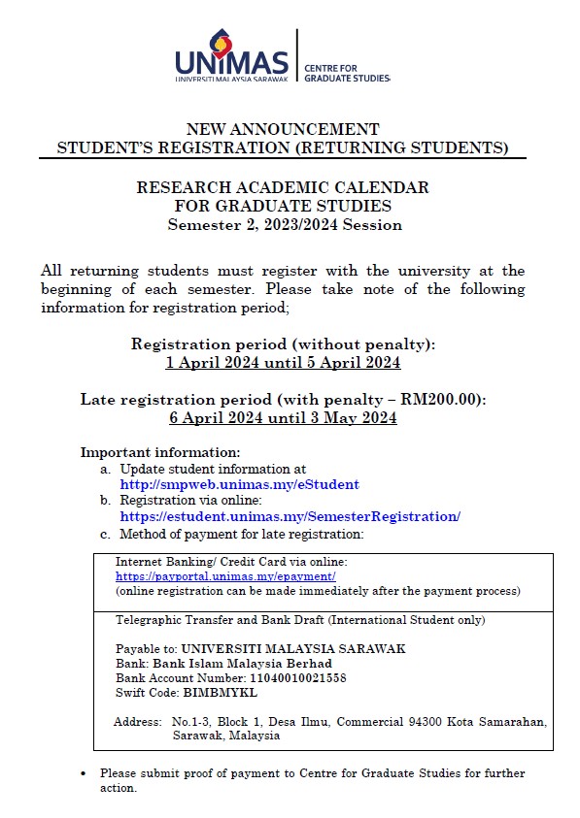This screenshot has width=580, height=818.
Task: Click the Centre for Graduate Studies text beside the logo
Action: [x=346, y=73]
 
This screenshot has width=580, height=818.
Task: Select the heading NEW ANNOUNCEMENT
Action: [x=282, y=129]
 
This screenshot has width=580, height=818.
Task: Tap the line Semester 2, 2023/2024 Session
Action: [x=284, y=224]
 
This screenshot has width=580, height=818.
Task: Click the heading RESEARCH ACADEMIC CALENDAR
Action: [x=283, y=187]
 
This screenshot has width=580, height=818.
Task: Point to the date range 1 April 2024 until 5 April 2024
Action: [x=283, y=362]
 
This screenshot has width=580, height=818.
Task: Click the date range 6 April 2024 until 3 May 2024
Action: [x=283, y=417]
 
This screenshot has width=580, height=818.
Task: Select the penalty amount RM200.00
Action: [x=449, y=399]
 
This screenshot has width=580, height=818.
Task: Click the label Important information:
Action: [x=160, y=453]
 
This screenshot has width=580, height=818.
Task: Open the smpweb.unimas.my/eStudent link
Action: [x=239, y=483]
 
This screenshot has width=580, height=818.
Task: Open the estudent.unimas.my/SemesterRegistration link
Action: [x=290, y=516]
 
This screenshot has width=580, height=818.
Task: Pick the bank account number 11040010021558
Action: [x=290, y=677]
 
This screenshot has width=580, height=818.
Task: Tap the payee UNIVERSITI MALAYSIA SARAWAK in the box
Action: [x=293, y=648]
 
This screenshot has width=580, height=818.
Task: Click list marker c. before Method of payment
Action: [x=105, y=534]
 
